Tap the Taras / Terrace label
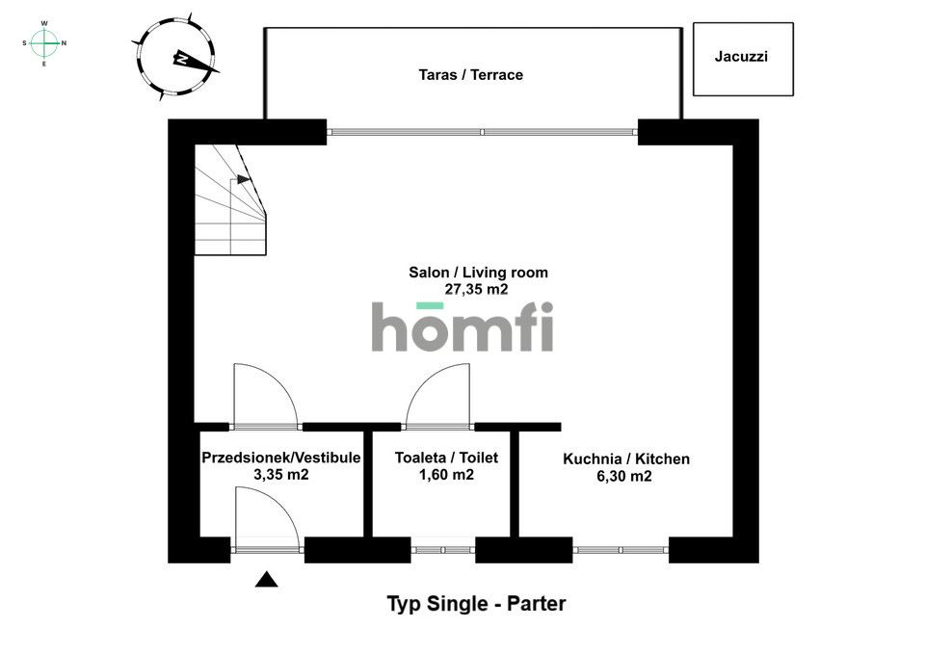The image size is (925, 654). point(471,75)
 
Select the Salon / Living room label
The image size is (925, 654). point(479,273)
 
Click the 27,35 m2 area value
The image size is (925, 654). point(476,289)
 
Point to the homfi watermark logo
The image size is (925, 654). point(462,327)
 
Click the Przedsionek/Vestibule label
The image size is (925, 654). point(280,458)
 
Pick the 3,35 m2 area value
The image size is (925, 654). point(280,474)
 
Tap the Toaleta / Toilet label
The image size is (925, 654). point(446,458)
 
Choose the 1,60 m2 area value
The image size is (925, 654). point(446,474)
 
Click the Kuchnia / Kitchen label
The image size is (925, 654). point(626,458)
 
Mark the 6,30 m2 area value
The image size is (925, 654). point(624,476)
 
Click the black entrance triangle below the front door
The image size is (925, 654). point(266,580)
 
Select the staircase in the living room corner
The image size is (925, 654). point(230,200)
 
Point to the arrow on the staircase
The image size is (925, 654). point(244,179)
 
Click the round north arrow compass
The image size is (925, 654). point(175,58)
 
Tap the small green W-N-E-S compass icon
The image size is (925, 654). point(44,43)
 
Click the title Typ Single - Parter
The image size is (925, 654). point(476,603)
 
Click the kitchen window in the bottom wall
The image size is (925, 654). point(621,550)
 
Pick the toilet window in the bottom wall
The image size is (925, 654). point(443,550)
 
